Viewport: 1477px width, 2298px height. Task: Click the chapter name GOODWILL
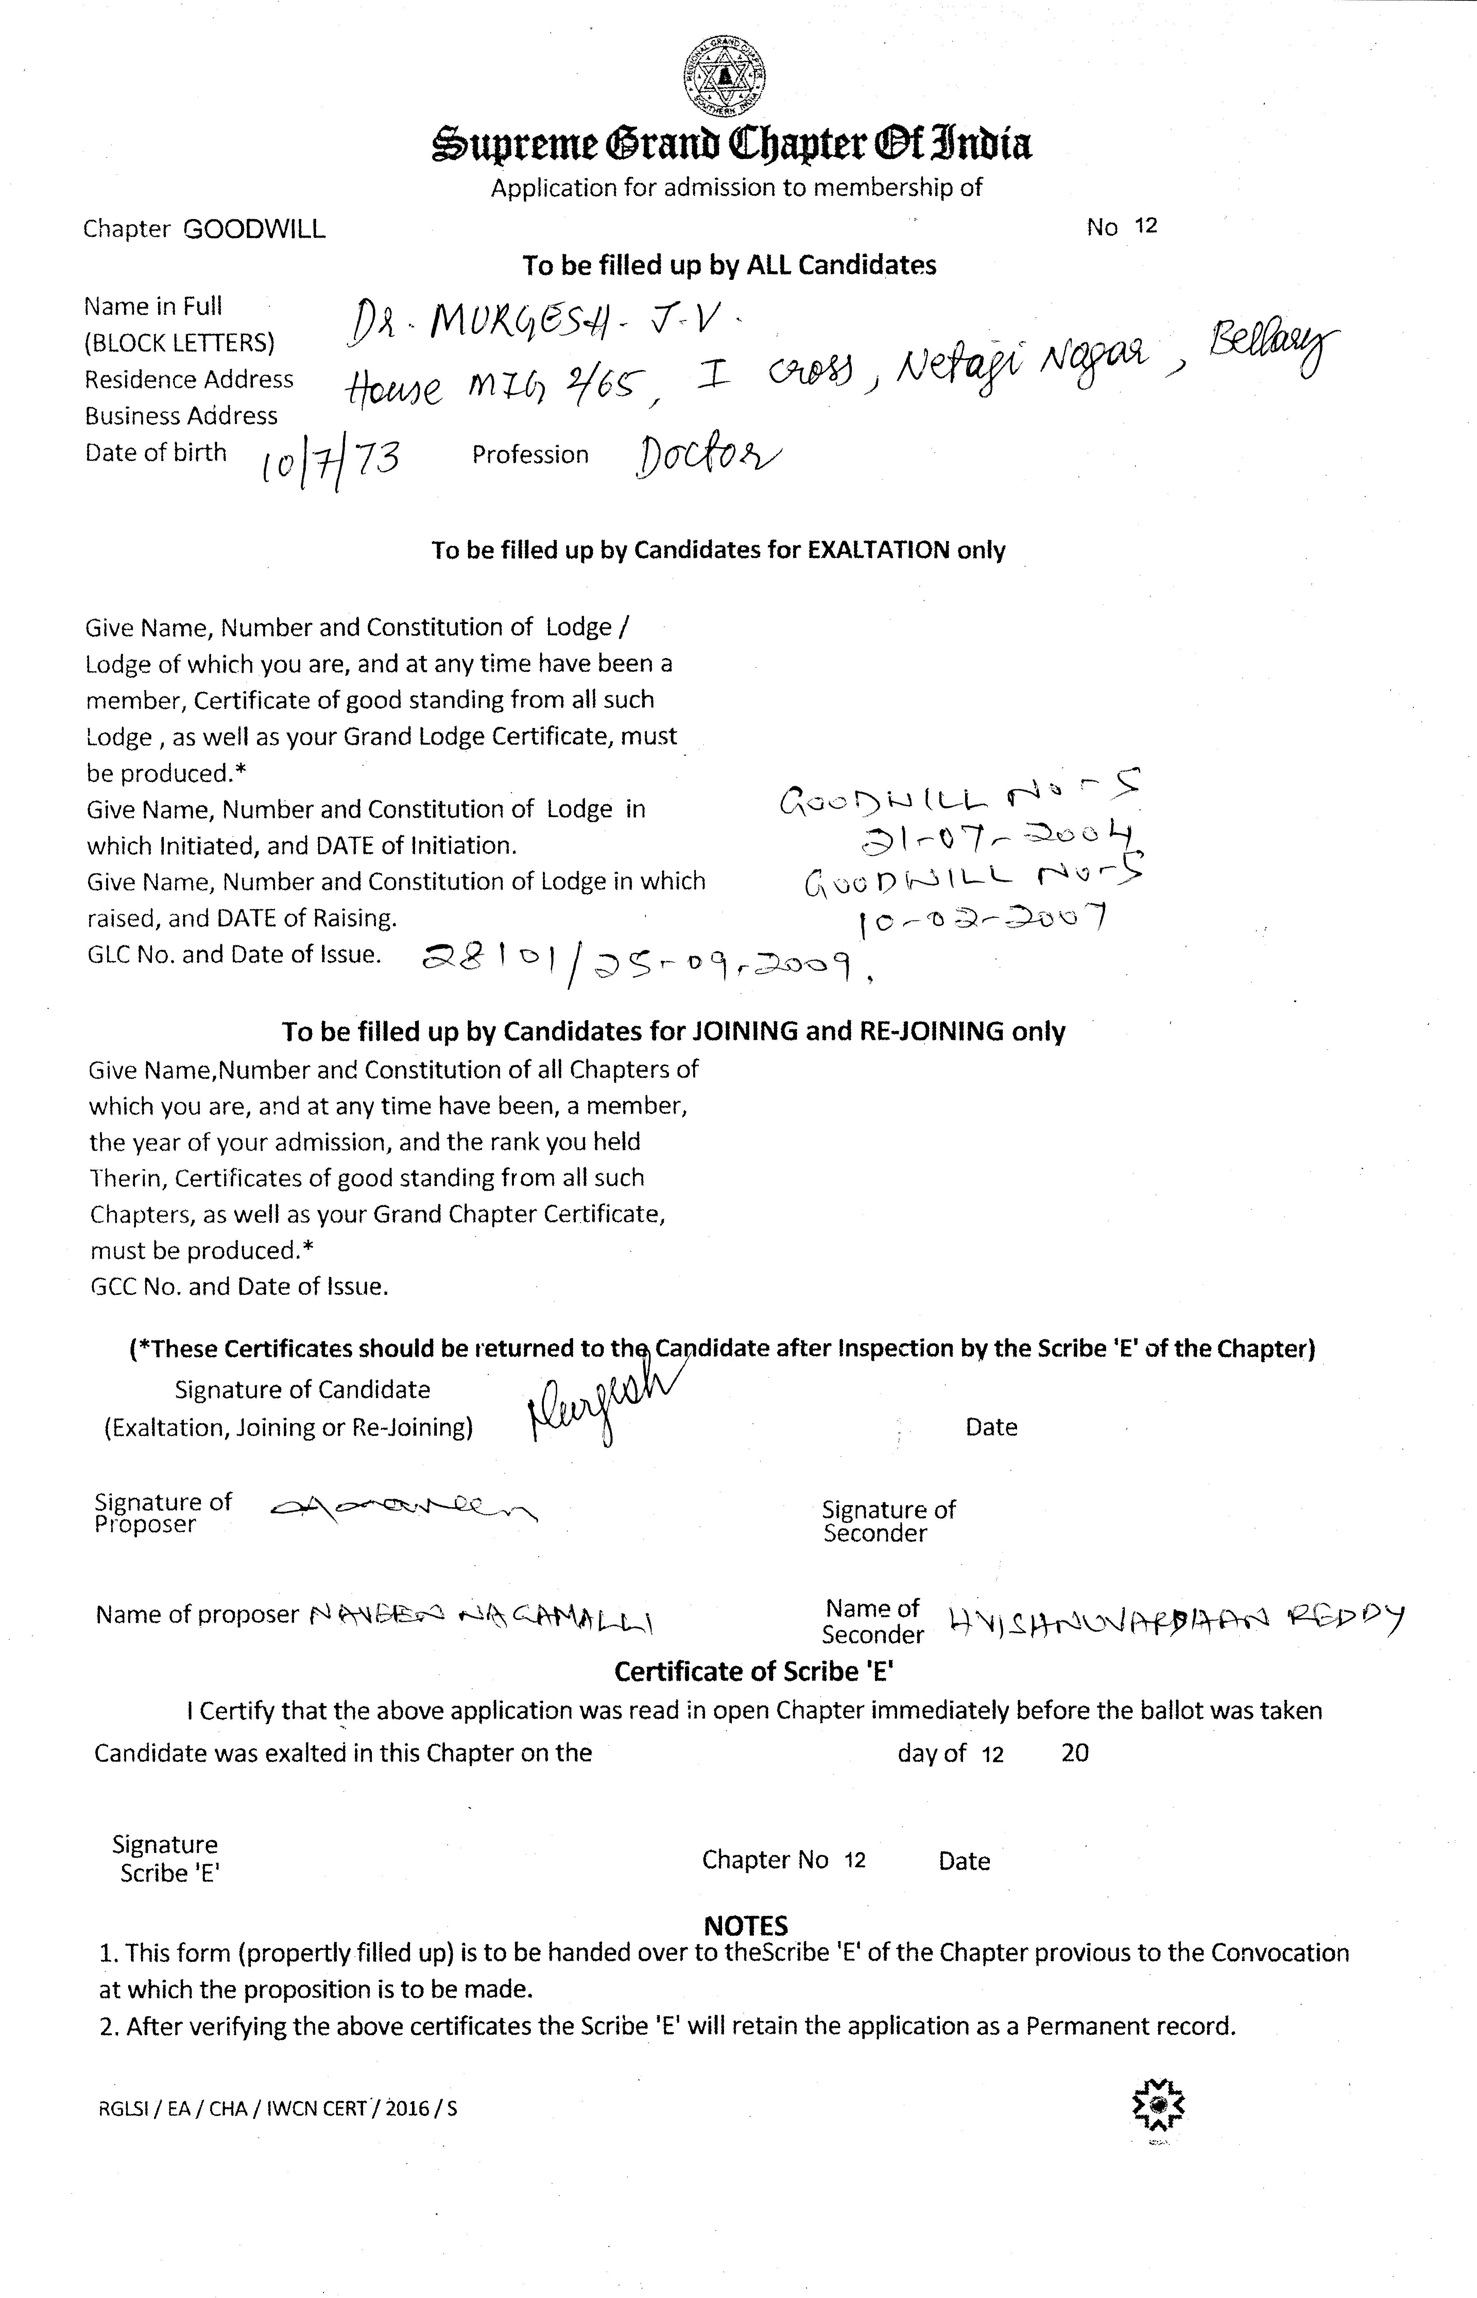[x=254, y=229]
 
